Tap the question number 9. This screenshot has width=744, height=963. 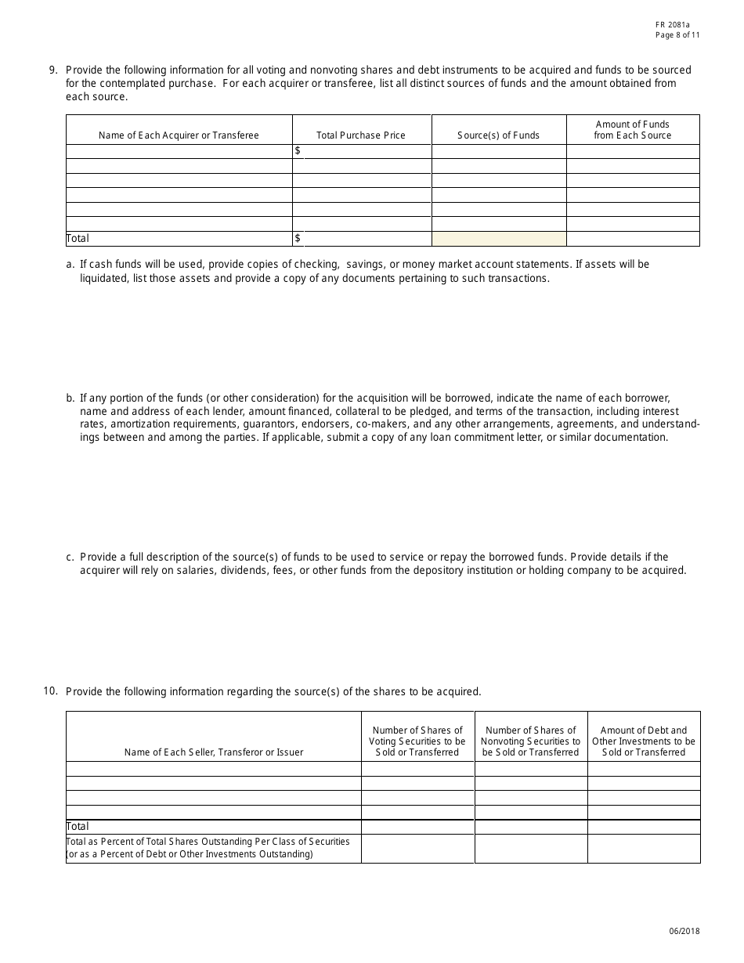53,70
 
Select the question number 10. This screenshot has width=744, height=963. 50,691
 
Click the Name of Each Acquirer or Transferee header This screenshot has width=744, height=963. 179,135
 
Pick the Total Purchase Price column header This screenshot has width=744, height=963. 361,135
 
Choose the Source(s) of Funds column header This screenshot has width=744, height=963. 499,135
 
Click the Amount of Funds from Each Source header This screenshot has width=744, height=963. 633,129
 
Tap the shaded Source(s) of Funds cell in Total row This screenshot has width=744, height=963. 499,239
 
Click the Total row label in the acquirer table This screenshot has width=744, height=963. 78,239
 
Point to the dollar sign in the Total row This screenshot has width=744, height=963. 298,238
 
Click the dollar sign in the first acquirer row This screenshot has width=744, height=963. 298,150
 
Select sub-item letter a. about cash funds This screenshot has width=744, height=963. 70,265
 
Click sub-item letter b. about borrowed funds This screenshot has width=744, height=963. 70,398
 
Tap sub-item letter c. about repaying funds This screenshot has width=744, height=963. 70,557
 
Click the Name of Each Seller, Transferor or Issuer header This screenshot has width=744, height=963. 214,752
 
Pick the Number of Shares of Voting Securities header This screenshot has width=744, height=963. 417,741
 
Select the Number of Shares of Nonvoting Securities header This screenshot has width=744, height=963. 531,741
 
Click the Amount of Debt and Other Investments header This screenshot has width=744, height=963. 644,741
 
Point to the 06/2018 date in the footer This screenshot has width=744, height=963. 684,931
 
